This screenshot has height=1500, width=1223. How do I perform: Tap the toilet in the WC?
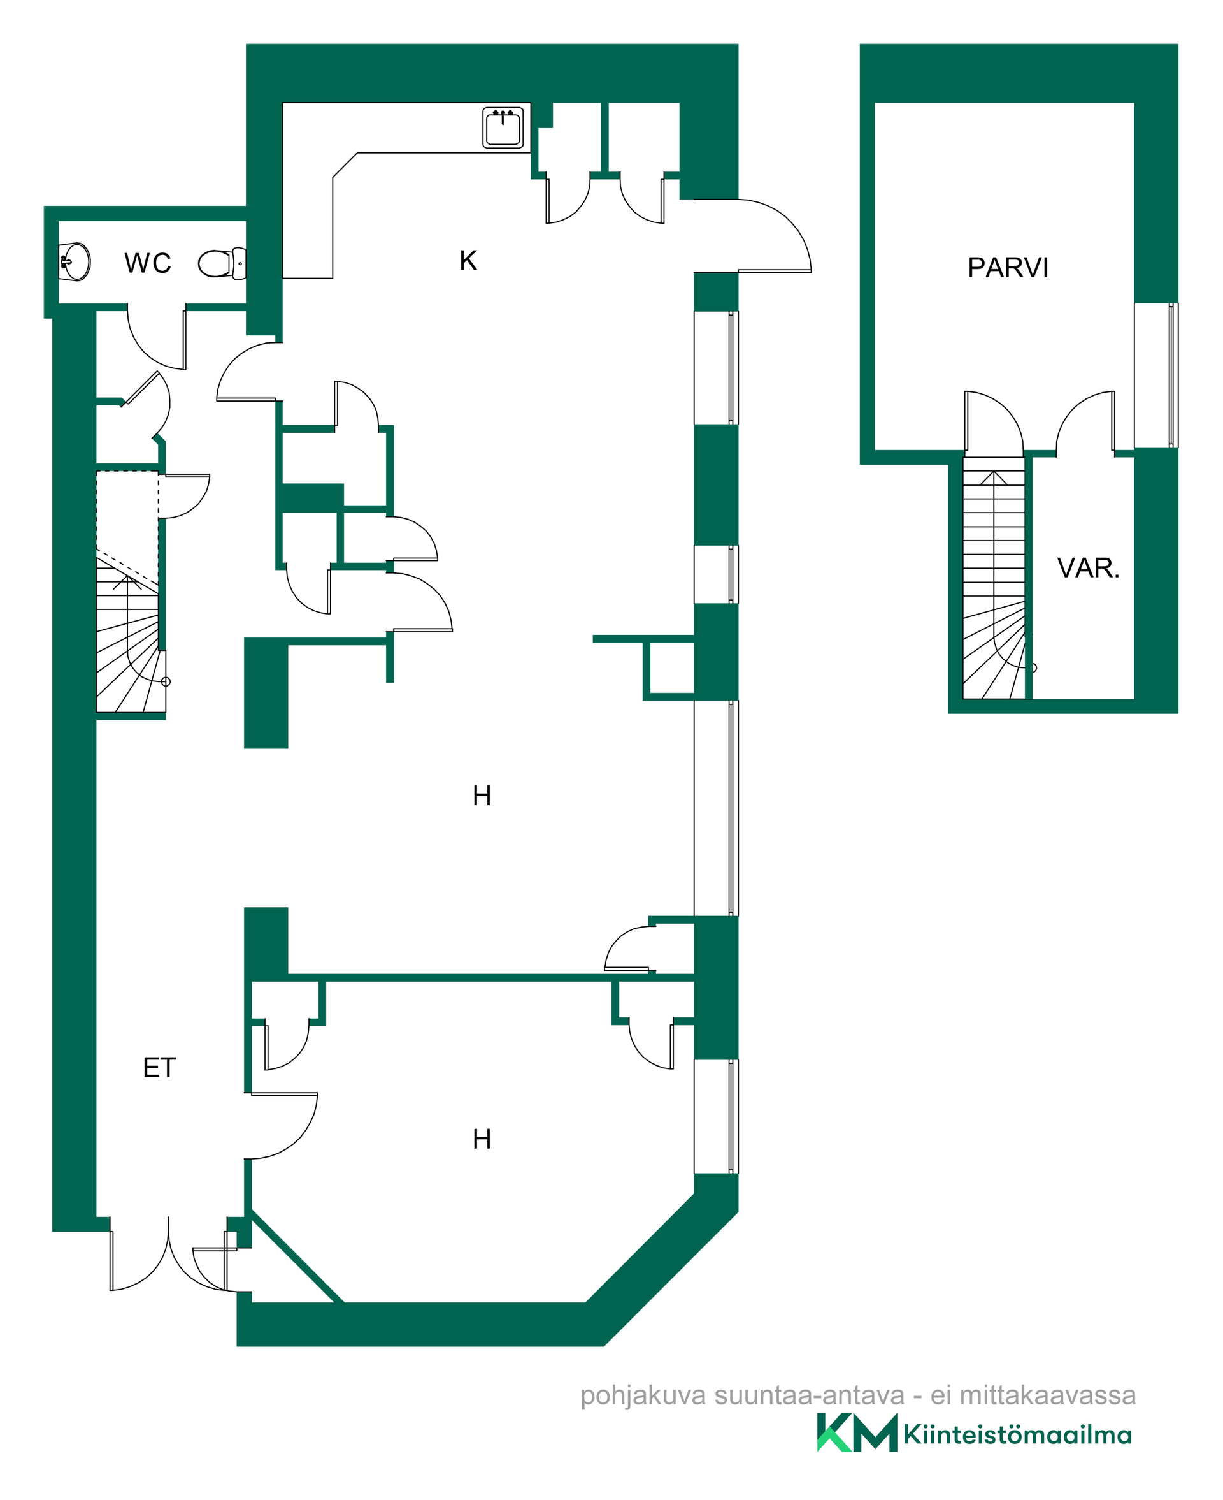pyautogui.click(x=222, y=264)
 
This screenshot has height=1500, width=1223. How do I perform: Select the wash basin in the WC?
pyautogui.click(x=75, y=261)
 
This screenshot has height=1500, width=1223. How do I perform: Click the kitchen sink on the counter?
pyautogui.click(x=503, y=127)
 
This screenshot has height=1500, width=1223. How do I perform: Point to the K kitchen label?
pyautogui.click(x=468, y=261)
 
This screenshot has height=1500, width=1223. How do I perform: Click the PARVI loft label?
pyautogui.click(x=1008, y=268)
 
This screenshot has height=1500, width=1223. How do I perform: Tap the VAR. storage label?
pyautogui.click(x=1089, y=568)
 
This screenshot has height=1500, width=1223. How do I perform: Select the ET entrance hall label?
pyautogui.click(x=159, y=1068)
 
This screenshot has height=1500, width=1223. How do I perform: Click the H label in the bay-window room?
pyautogui.click(x=482, y=1139)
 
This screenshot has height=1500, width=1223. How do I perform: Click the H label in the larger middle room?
pyautogui.click(x=482, y=796)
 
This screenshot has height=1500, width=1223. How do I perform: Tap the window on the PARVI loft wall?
pyautogui.click(x=1156, y=375)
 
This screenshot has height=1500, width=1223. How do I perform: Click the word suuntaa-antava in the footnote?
pyautogui.click(x=810, y=1395)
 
